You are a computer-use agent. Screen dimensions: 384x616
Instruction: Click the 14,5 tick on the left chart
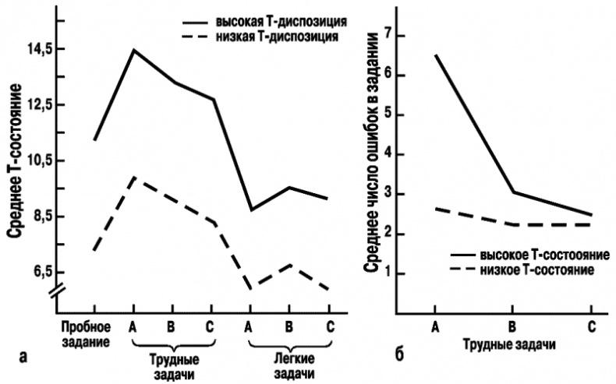pyautogui.click(x=37, y=49)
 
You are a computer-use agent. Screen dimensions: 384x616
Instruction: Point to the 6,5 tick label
pyautogui.click(x=39, y=272)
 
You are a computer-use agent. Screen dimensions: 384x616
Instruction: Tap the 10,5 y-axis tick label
pyautogui.click(x=37, y=160)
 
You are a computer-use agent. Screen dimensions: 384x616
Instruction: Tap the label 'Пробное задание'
pyautogui.click(x=87, y=333)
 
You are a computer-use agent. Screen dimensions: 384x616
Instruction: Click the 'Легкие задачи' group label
pyautogui.click(x=289, y=367)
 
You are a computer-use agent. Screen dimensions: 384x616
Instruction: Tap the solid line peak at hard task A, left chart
pyautogui.click(x=133, y=50)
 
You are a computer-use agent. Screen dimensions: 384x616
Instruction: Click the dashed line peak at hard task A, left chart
pyautogui.click(x=133, y=178)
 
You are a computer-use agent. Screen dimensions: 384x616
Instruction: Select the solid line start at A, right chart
pyautogui.click(x=434, y=55)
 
